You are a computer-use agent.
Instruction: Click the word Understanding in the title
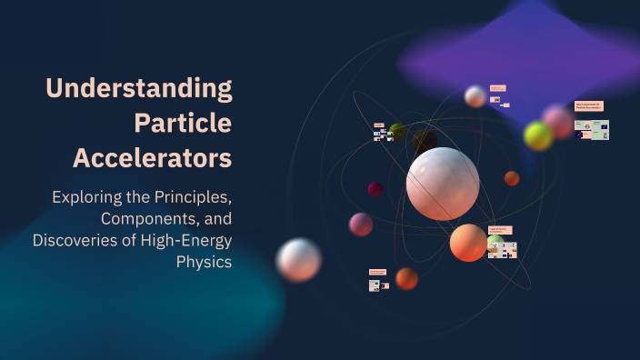[x=139, y=89]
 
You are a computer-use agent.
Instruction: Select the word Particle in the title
[x=183, y=123]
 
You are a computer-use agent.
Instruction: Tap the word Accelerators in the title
[x=152, y=157]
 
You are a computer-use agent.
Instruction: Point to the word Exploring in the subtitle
[x=86, y=196]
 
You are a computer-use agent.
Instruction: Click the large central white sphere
[x=443, y=184]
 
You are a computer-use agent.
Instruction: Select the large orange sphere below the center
[x=468, y=243]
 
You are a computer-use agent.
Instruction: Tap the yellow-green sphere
[x=538, y=136]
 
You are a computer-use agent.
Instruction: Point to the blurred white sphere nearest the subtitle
[x=298, y=259]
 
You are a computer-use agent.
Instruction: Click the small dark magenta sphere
[x=375, y=189]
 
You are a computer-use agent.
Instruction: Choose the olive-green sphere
[x=398, y=132]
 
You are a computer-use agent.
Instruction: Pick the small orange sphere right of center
[x=512, y=178]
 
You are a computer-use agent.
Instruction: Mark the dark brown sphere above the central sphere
[x=424, y=142]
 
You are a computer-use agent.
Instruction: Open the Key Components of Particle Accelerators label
[x=588, y=106]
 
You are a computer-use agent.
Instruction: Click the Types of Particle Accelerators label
[x=500, y=230]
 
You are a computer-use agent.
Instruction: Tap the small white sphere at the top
[x=475, y=96]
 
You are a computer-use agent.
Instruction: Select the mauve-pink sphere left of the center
[x=361, y=225]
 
